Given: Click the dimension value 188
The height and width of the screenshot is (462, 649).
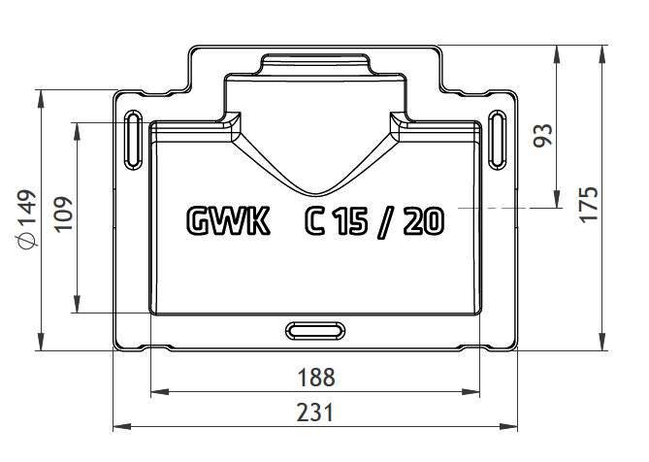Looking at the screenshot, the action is pyautogui.click(x=316, y=378).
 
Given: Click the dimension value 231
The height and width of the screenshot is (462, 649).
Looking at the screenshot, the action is pyautogui.click(x=315, y=412).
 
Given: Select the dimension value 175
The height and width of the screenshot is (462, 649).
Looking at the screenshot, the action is pyautogui.click(x=589, y=205).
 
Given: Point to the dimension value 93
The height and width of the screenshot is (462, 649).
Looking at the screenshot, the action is pyautogui.click(x=542, y=135).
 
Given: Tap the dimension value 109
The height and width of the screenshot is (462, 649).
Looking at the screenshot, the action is pyautogui.click(x=64, y=214).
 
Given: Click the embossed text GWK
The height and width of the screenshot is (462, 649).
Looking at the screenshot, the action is pyautogui.click(x=228, y=221).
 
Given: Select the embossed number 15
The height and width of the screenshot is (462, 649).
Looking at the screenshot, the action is pyautogui.click(x=351, y=221).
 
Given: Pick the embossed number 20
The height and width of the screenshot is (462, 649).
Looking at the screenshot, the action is pyautogui.click(x=423, y=221).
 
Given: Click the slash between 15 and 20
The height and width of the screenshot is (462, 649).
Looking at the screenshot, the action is pyautogui.click(x=385, y=222).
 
